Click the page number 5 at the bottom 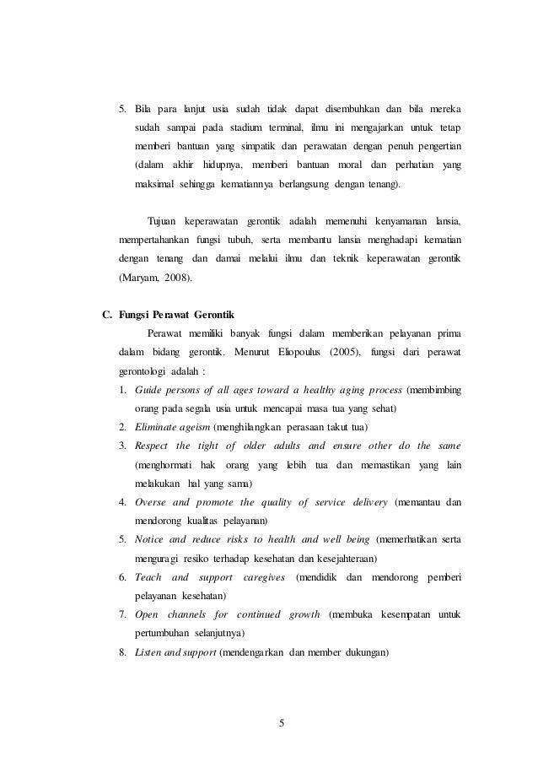click(282, 721)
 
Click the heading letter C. click(106, 316)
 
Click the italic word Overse click(151, 503)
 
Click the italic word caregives click(262, 577)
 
